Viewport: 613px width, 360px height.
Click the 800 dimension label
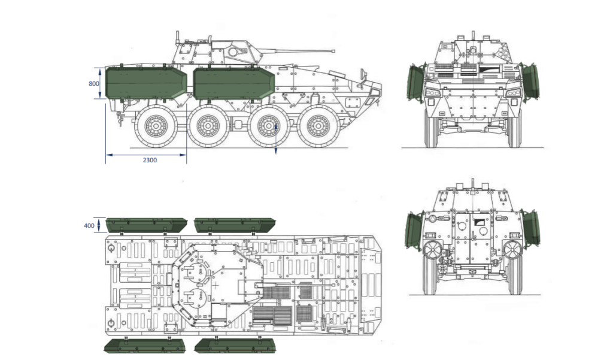(93, 83)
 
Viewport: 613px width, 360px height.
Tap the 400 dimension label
(89, 225)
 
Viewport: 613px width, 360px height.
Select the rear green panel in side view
(145, 83)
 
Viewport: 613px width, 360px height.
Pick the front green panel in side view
(232, 83)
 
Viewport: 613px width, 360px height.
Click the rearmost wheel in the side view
(156, 125)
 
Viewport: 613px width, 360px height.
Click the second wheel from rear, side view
(208, 125)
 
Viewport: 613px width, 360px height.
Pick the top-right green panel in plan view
(234, 225)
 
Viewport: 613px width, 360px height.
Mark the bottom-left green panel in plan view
(145, 346)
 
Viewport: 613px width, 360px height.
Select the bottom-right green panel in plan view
(233, 346)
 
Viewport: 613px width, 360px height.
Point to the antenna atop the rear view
(472, 182)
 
